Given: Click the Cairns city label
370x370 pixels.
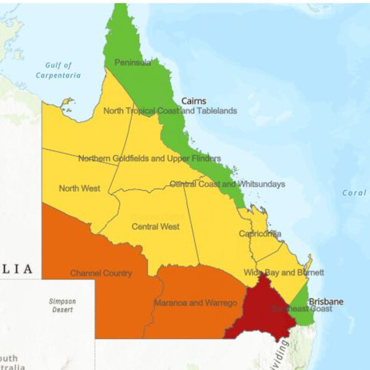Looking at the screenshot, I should [194, 101].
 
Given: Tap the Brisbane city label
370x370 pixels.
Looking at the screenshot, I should [326, 302].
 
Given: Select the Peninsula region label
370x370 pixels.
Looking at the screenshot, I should [132, 62].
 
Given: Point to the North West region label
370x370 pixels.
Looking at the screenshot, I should [80, 188].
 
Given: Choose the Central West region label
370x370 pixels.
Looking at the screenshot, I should [155, 226].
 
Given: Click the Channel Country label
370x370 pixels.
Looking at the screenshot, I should [101, 273].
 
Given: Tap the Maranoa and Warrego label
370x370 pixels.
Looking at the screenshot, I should [195, 303].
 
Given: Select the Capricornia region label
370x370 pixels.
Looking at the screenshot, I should [260, 234].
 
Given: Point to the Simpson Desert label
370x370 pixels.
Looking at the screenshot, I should [62, 305].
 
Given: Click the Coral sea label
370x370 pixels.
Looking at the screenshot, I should [354, 193].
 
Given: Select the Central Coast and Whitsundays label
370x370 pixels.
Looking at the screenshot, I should [227, 184].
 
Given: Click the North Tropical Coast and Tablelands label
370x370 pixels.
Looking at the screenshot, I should [170, 111].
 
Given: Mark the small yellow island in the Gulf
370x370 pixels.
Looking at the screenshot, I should [67, 102].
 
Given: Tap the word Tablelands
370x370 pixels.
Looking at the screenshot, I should [215, 111].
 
